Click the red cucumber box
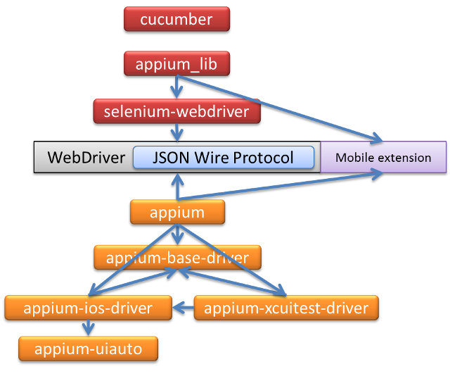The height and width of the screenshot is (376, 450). pyautogui.click(x=176, y=19)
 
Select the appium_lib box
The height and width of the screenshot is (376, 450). pyautogui.click(x=176, y=65)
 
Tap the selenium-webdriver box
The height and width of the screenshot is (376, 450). pyautogui.click(x=176, y=111)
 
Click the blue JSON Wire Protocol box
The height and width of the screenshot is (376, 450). pyautogui.click(x=224, y=157)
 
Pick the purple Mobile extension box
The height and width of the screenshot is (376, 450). pyautogui.click(x=383, y=157)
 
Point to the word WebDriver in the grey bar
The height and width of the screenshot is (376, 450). pyautogui.click(x=86, y=157)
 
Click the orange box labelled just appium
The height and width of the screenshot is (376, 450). pyautogui.click(x=177, y=212)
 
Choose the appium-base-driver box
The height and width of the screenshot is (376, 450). pyautogui.click(x=177, y=258)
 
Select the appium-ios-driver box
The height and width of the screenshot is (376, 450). pyautogui.click(x=88, y=308)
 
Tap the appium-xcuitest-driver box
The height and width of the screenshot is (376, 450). pyautogui.click(x=286, y=308)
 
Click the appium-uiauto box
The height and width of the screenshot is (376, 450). pyautogui.click(x=88, y=348)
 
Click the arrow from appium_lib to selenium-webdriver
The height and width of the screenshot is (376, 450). pyautogui.click(x=176, y=87)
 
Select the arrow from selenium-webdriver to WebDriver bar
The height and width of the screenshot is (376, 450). pyautogui.click(x=176, y=132)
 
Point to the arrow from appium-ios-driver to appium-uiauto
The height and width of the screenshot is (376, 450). pyautogui.click(x=88, y=327)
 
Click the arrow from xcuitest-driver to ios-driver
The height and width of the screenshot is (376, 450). pyautogui.click(x=184, y=308)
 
